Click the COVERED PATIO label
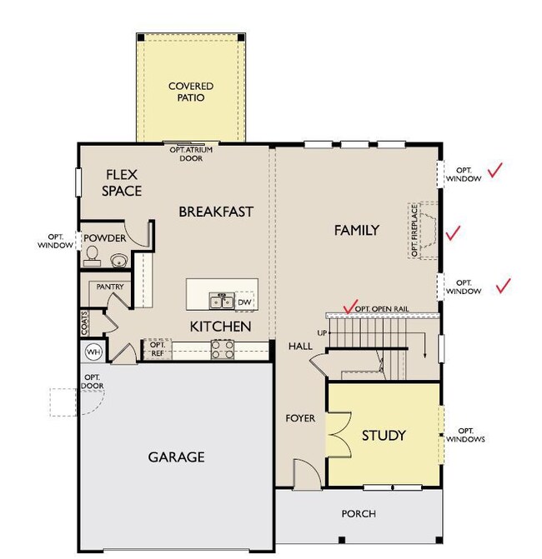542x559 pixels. (x=191, y=92)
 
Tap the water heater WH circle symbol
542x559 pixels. (x=93, y=352)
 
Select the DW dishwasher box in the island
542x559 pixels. (x=244, y=302)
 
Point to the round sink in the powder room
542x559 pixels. (x=118, y=260)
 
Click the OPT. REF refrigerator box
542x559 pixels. (x=158, y=349)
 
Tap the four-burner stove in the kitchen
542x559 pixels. (x=223, y=349)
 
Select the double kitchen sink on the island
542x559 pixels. (x=222, y=301)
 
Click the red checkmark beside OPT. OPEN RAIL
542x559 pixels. (x=350, y=307)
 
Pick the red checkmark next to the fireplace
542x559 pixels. (x=453, y=233)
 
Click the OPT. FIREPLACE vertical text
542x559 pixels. (x=414, y=230)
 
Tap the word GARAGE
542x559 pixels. (x=176, y=457)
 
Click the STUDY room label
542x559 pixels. (x=384, y=436)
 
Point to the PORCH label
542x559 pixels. (x=359, y=514)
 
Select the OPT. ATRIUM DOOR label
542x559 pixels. (x=191, y=154)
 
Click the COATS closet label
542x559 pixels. (x=84, y=323)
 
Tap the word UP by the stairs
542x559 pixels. (x=322, y=333)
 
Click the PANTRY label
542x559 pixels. (x=110, y=287)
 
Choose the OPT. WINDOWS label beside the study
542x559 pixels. (x=465, y=435)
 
